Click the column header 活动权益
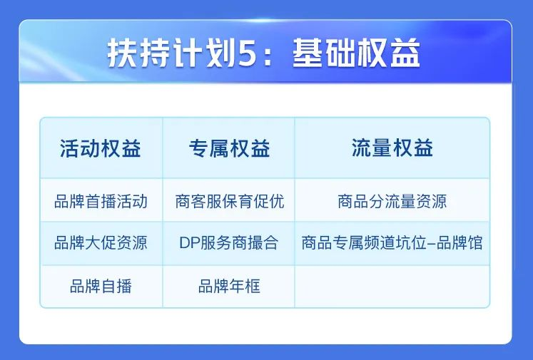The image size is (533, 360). click(101, 148)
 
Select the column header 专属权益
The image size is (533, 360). click(229, 148)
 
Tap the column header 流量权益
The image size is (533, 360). click(392, 148)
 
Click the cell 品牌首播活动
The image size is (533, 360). click(101, 201)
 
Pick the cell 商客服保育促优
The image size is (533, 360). click(230, 201)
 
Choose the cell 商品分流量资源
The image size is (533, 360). click(392, 201)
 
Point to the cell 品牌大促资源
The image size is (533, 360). click(101, 243)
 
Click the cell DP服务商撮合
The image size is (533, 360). click(229, 243)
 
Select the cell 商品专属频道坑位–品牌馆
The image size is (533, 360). click(392, 243)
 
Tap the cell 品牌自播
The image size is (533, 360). click(101, 286)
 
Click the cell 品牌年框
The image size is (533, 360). click(230, 286)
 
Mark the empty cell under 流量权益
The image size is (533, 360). click(392, 287)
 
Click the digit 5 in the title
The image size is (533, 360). click(247, 53)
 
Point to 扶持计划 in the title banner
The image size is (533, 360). click(172, 53)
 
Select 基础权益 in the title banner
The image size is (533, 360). click(356, 53)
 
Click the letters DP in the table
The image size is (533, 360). click(190, 243)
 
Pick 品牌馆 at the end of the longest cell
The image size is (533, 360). click(460, 243)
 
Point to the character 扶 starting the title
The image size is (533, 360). click(123, 53)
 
